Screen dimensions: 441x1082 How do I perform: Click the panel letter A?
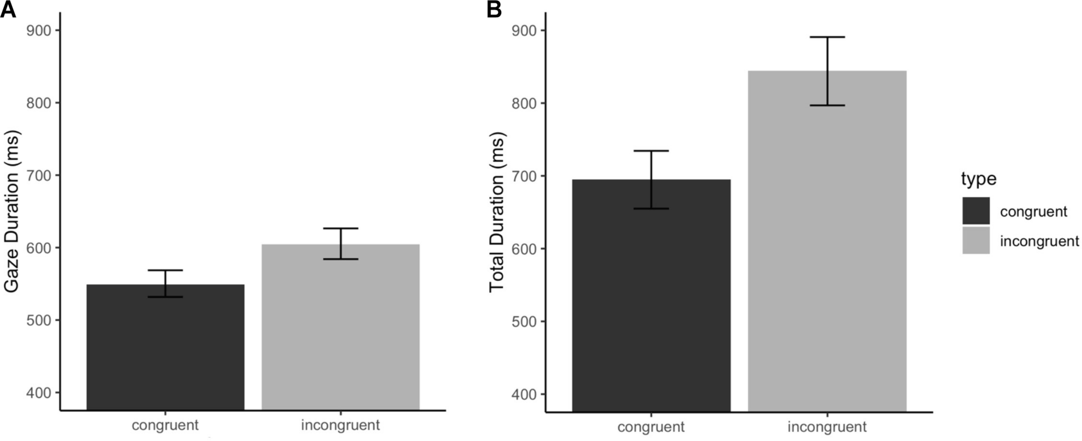click(x=8, y=10)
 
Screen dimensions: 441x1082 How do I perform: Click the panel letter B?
click(x=494, y=10)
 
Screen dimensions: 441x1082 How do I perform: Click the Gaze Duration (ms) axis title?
click(x=12, y=212)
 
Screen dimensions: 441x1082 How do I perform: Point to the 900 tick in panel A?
click(x=39, y=30)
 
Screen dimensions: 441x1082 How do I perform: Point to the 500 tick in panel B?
click(x=524, y=321)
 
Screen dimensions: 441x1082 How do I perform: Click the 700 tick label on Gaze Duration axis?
click(x=39, y=175)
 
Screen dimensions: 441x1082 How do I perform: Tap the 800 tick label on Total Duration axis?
click(x=524, y=103)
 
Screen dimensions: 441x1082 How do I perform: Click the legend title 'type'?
click(x=979, y=178)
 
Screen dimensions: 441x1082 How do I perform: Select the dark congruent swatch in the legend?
click(x=976, y=211)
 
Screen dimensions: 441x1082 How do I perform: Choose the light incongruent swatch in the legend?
click(x=976, y=240)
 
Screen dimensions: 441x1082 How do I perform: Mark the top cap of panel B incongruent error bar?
click(x=827, y=37)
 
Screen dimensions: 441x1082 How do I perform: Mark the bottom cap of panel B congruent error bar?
click(x=651, y=209)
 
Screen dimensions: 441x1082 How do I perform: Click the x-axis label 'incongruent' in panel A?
click(x=341, y=425)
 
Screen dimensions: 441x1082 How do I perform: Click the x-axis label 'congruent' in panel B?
click(x=651, y=427)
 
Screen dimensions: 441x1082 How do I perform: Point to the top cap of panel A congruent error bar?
click(x=165, y=270)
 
